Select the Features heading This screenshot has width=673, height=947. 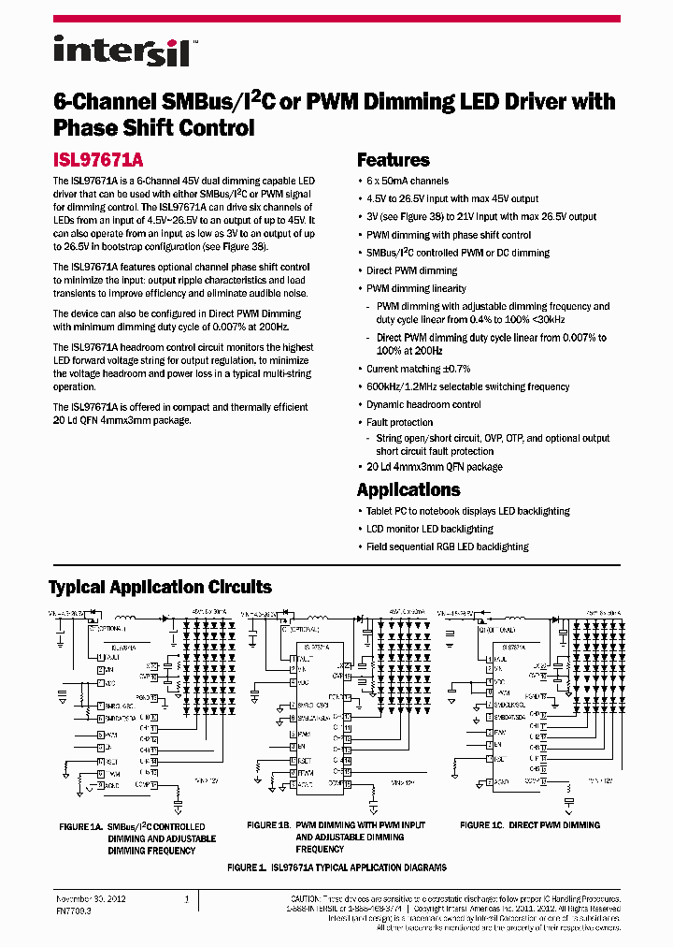394,160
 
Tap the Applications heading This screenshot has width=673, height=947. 408,489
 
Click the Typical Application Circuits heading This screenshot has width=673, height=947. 160,588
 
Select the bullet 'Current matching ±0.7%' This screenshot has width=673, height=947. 418,370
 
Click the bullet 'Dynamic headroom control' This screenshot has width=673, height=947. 423,405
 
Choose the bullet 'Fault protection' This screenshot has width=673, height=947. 399,423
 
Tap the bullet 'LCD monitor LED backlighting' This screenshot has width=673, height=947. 429,530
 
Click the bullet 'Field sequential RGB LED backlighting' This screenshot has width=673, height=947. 447,547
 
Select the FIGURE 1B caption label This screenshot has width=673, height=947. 269,825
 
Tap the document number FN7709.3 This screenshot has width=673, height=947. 73,909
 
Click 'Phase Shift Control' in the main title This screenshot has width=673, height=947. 153,128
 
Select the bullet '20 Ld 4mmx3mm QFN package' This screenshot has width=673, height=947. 434,467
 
